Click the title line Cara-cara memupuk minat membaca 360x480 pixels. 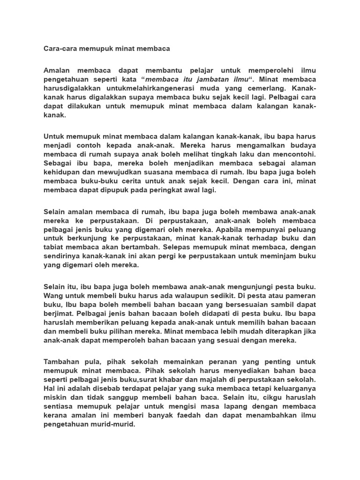tap(106, 48)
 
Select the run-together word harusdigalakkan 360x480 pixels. tap(73, 88)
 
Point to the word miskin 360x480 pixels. tap(55, 398)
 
